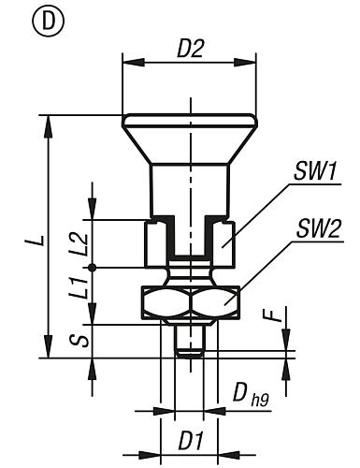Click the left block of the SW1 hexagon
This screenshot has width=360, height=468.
[x=155, y=243]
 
